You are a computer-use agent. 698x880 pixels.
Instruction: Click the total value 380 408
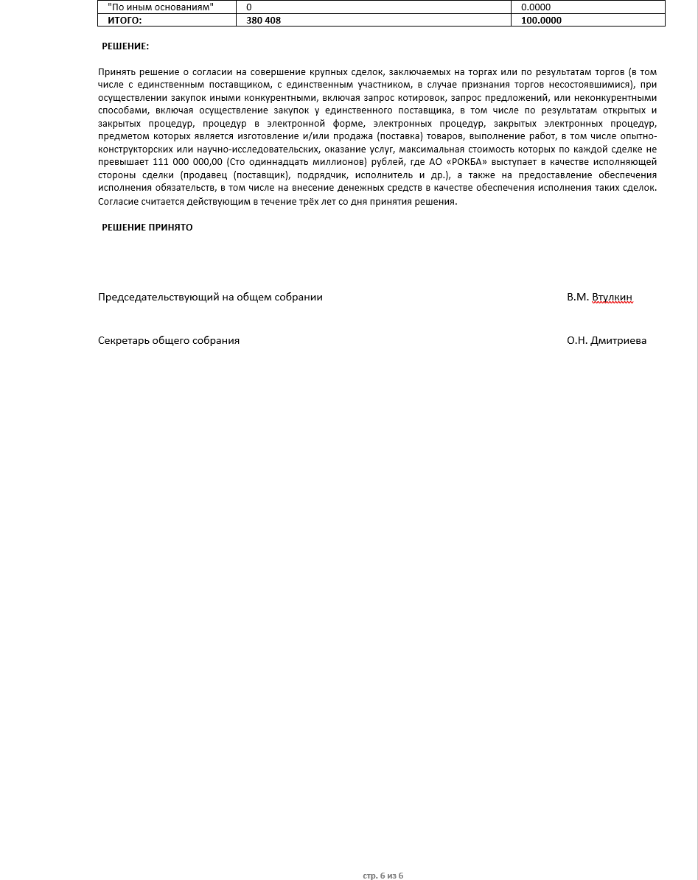263,21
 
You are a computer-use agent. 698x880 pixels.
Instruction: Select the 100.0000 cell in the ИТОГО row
541,21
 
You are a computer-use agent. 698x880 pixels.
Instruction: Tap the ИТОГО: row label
125,21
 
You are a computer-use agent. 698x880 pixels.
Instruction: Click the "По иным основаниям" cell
160,7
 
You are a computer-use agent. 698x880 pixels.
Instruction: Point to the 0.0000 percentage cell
536,7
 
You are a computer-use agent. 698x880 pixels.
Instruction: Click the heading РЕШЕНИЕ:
125,46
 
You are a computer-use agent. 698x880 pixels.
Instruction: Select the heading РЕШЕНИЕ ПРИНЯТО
147,228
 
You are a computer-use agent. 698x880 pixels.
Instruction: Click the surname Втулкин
612,298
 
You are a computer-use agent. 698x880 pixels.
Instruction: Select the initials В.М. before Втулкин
578,298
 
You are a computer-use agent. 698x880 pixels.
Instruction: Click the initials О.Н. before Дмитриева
577,341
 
